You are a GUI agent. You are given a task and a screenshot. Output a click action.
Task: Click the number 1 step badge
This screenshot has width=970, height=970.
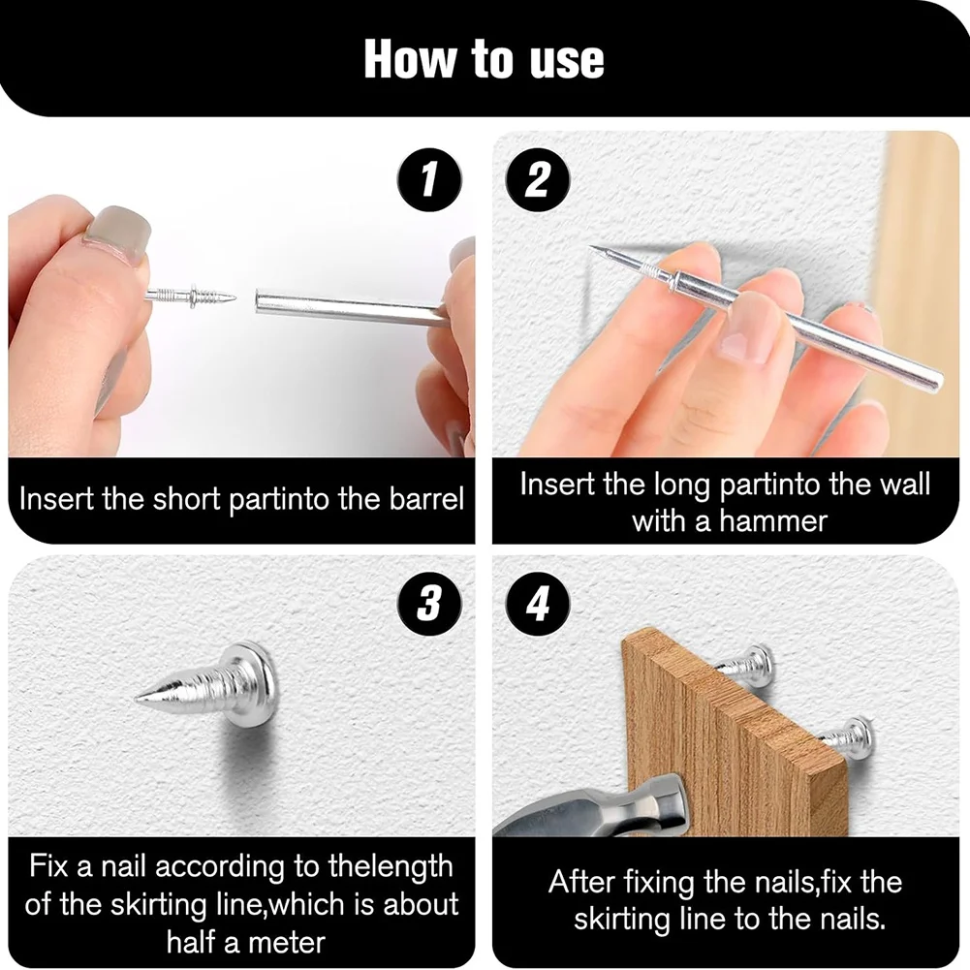[x=428, y=180]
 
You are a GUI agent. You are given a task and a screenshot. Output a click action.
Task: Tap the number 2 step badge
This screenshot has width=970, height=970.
[x=538, y=180]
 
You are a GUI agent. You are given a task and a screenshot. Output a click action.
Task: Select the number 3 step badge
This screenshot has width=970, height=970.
[x=428, y=603]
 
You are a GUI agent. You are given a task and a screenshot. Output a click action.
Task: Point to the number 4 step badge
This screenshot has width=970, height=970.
[x=538, y=603]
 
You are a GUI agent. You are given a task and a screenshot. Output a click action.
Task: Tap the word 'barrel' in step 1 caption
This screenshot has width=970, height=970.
[x=426, y=499]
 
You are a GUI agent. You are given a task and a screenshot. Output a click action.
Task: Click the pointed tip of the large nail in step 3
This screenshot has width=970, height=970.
[x=136, y=699]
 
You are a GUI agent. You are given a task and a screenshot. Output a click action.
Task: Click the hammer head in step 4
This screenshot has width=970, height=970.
[x=597, y=807]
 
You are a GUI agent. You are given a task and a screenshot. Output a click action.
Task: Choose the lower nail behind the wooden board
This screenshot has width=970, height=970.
[x=848, y=737]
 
